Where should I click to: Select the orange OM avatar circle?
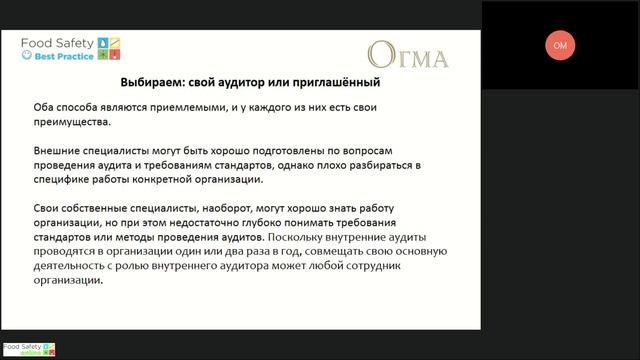[x=560, y=46]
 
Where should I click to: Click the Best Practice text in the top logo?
[x=65, y=56]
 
